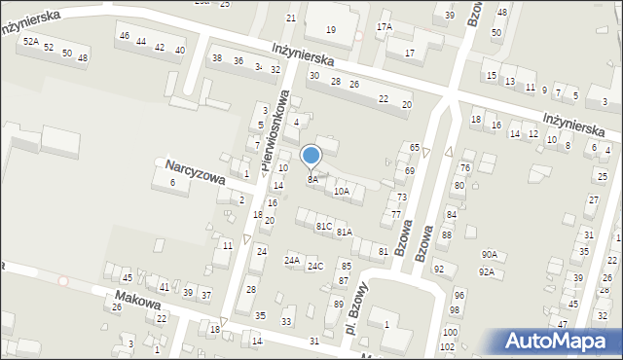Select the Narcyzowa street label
(195, 170)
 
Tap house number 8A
(312, 180)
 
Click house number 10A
(341, 192)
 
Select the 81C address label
(324, 226)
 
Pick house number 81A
(344, 233)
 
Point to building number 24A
(292, 261)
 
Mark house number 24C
(315, 266)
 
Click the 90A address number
(489, 254)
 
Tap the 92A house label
(486, 272)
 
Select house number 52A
(31, 42)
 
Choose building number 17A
(385, 26)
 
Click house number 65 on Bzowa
(414, 147)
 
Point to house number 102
(447, 346)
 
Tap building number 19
(331, 30)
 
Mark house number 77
(396, 214)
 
